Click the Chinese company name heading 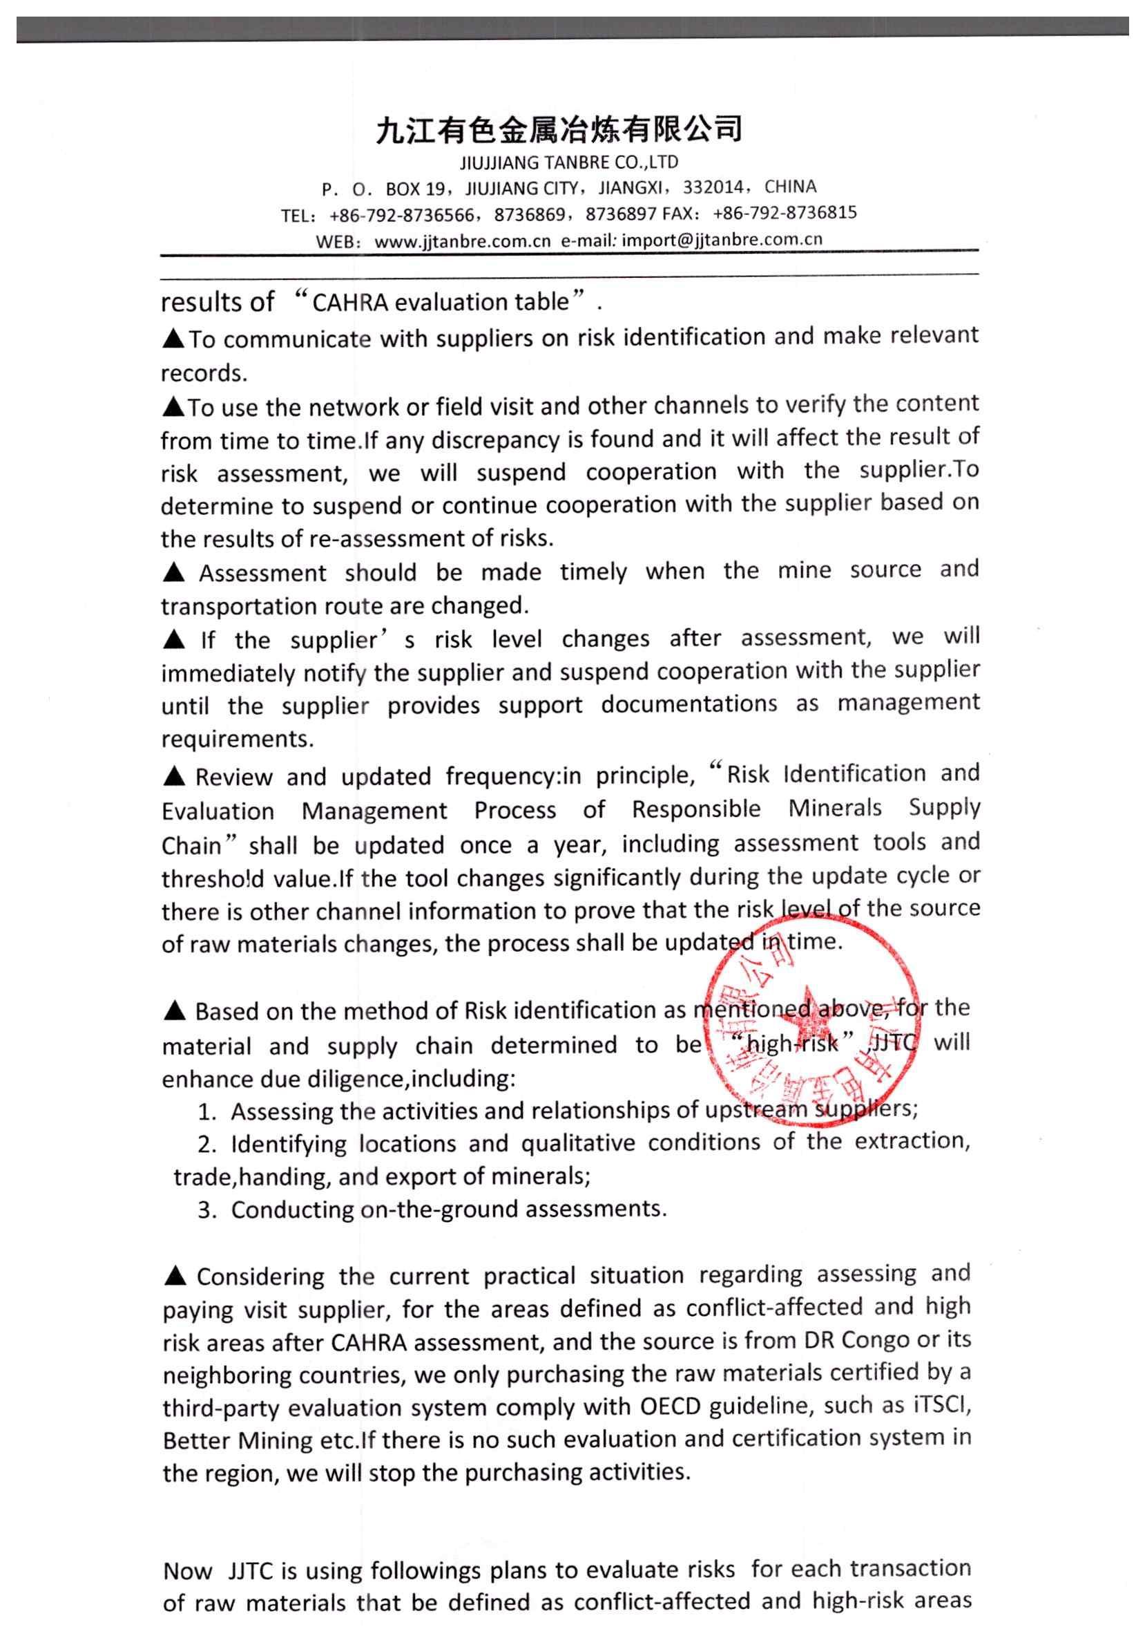[x=559, y=130]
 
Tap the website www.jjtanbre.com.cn [x=463, y=242]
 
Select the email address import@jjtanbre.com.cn [x=721, y=241]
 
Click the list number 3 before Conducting [x=207, y=1211]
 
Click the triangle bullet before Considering [x=175, y=1276]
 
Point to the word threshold [x=213, y=878]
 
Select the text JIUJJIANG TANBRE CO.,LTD [x=568, y=162]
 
